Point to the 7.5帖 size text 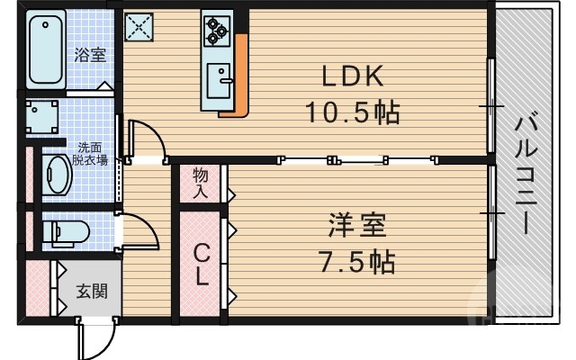click(356, 262)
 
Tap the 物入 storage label click(200, 184)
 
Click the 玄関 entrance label click(88, 292)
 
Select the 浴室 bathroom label click(90, 55)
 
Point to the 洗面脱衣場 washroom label click(91, 154)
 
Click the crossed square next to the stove click(139, 26)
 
